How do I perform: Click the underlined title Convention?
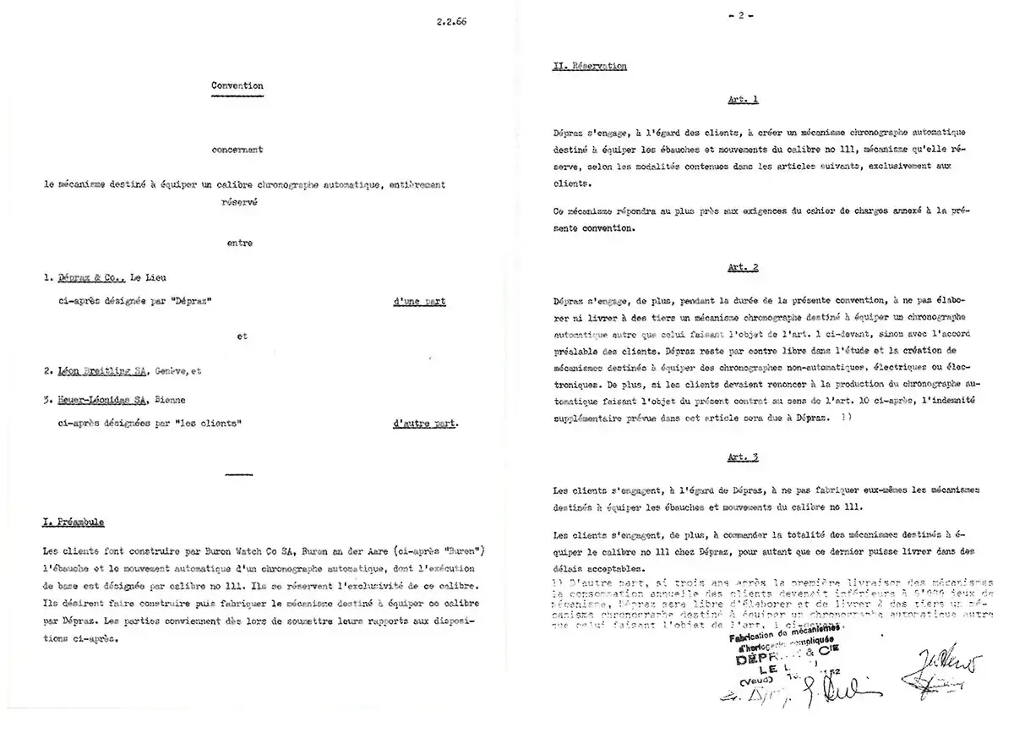point(238,85)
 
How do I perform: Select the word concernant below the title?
point(238,150)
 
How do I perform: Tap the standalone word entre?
point(239,243)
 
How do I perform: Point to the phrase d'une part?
point(419,302)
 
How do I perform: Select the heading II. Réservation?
point(589,67)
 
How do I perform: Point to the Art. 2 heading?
point(743,268)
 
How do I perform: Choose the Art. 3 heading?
point(743,457)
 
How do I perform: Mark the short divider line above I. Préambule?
point(239,475)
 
